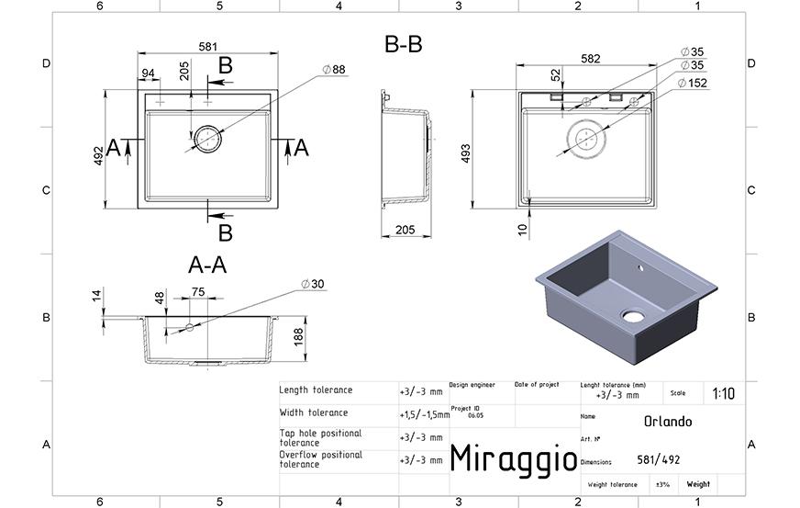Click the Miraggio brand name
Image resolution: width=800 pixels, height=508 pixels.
[513, 459]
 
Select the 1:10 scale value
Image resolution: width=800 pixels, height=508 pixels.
[724, 393]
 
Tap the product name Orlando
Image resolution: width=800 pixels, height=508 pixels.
[668, 422]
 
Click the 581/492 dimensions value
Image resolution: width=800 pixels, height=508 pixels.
[658, 460]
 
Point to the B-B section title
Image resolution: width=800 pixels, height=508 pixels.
[403, 44]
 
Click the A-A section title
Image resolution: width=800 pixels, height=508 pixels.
[207, 265]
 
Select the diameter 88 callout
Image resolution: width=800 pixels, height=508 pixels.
[334, 70]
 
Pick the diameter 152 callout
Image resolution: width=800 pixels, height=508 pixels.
[693, 83]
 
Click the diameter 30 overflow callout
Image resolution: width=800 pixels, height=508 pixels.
[312, 284]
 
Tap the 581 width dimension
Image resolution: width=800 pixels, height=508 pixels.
[208, 47]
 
